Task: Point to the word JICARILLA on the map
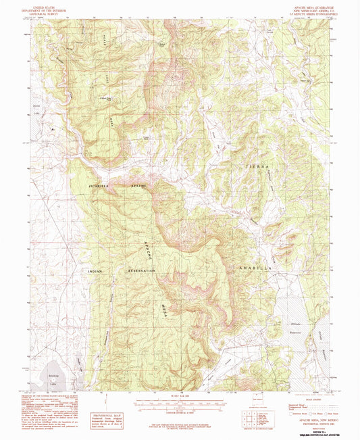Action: pos(99,184)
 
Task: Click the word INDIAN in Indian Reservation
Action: pos(99,271)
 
